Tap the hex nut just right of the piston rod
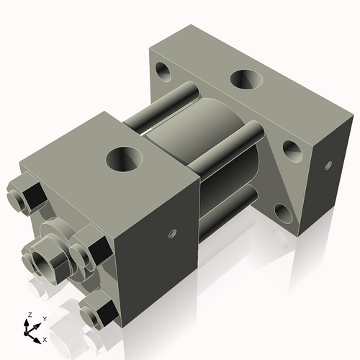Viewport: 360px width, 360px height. [86, 253]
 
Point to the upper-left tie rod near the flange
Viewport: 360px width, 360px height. [180, 96]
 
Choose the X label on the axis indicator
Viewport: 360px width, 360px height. [45, 338]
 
